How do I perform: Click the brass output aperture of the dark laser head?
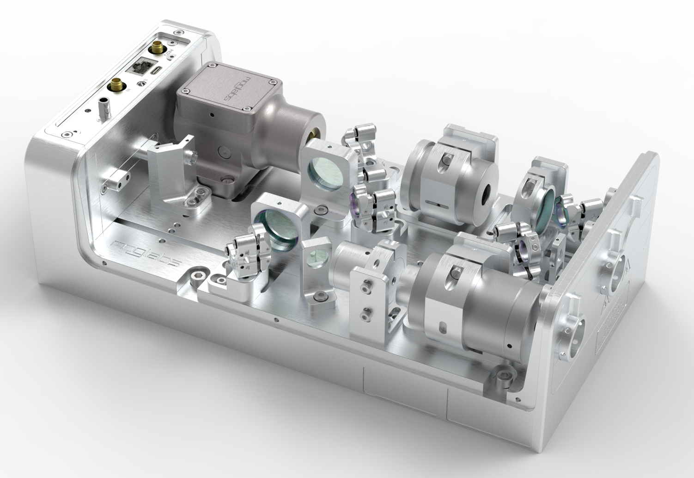coord(314,134)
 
